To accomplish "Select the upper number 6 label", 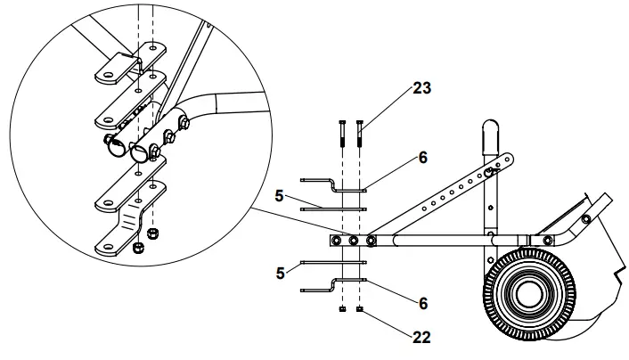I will pyautogui.click(x=421, y=157).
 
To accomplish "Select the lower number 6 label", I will pyautogui.click(x=421, y=303).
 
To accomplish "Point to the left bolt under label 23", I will pyautogui.click(x=342, y=133).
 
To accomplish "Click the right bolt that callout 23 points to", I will pyautogui.click(x=359, y=133).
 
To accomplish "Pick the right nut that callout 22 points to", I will pyautogui.click(x=359, y=310).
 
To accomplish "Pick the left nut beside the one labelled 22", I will pyautogui.click(x=342, y=310).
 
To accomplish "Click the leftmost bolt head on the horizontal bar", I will pyautogui.click(x=337, y=241).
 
